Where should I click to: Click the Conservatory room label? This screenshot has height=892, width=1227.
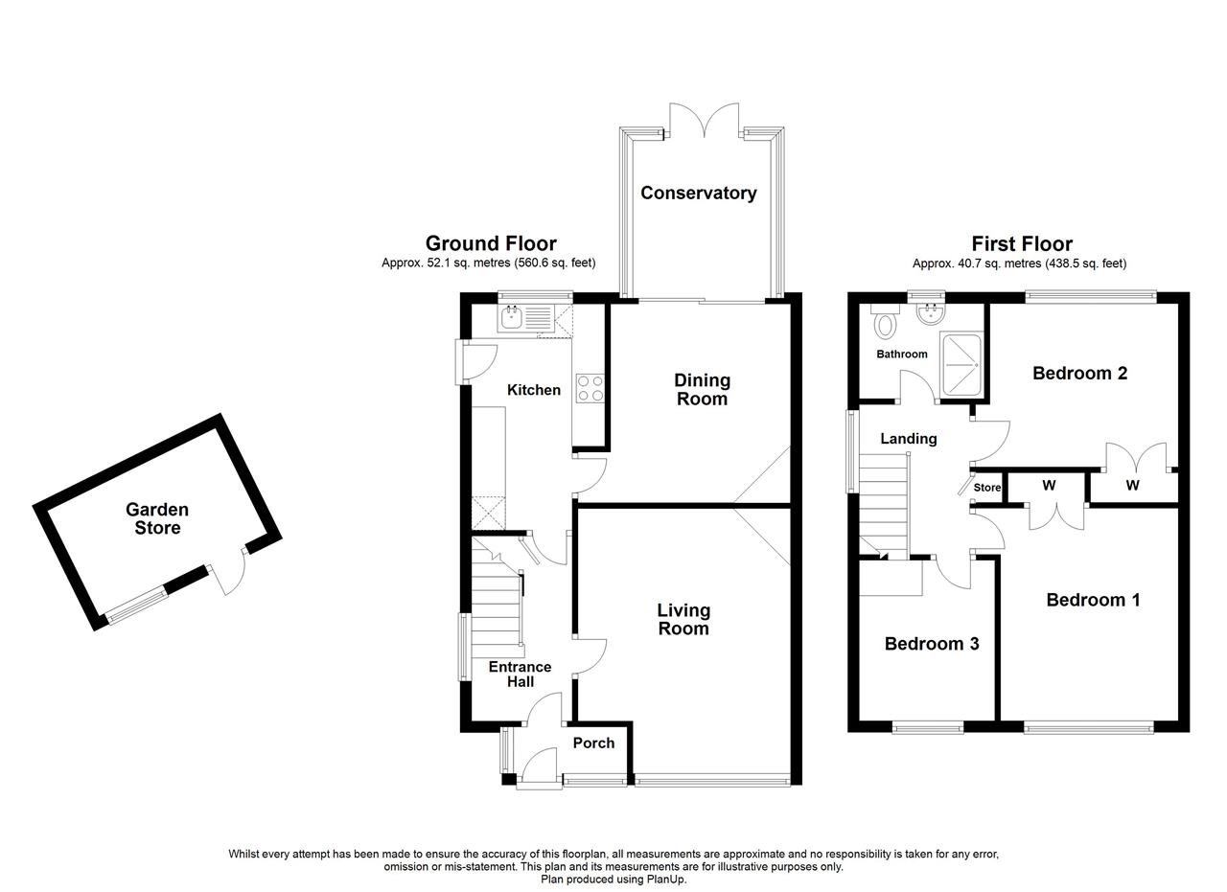tap(698, 194)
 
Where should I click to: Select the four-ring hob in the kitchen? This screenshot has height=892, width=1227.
tap(590, 388)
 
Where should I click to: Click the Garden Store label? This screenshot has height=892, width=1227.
tap(157, 518)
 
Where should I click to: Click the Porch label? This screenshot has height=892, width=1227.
tap(593, 743)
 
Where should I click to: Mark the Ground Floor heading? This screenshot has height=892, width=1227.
tap(490, 243)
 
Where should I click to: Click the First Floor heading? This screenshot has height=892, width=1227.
tap(1021, 243)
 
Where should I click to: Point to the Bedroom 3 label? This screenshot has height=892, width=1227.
tap(931, 644)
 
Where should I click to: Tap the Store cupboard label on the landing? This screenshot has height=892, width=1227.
tap(986, 488)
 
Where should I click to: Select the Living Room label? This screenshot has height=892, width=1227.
tap(683, 619)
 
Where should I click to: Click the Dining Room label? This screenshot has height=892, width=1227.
tap(702, 389)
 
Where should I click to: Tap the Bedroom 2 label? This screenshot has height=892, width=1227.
tap(1078, 374)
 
